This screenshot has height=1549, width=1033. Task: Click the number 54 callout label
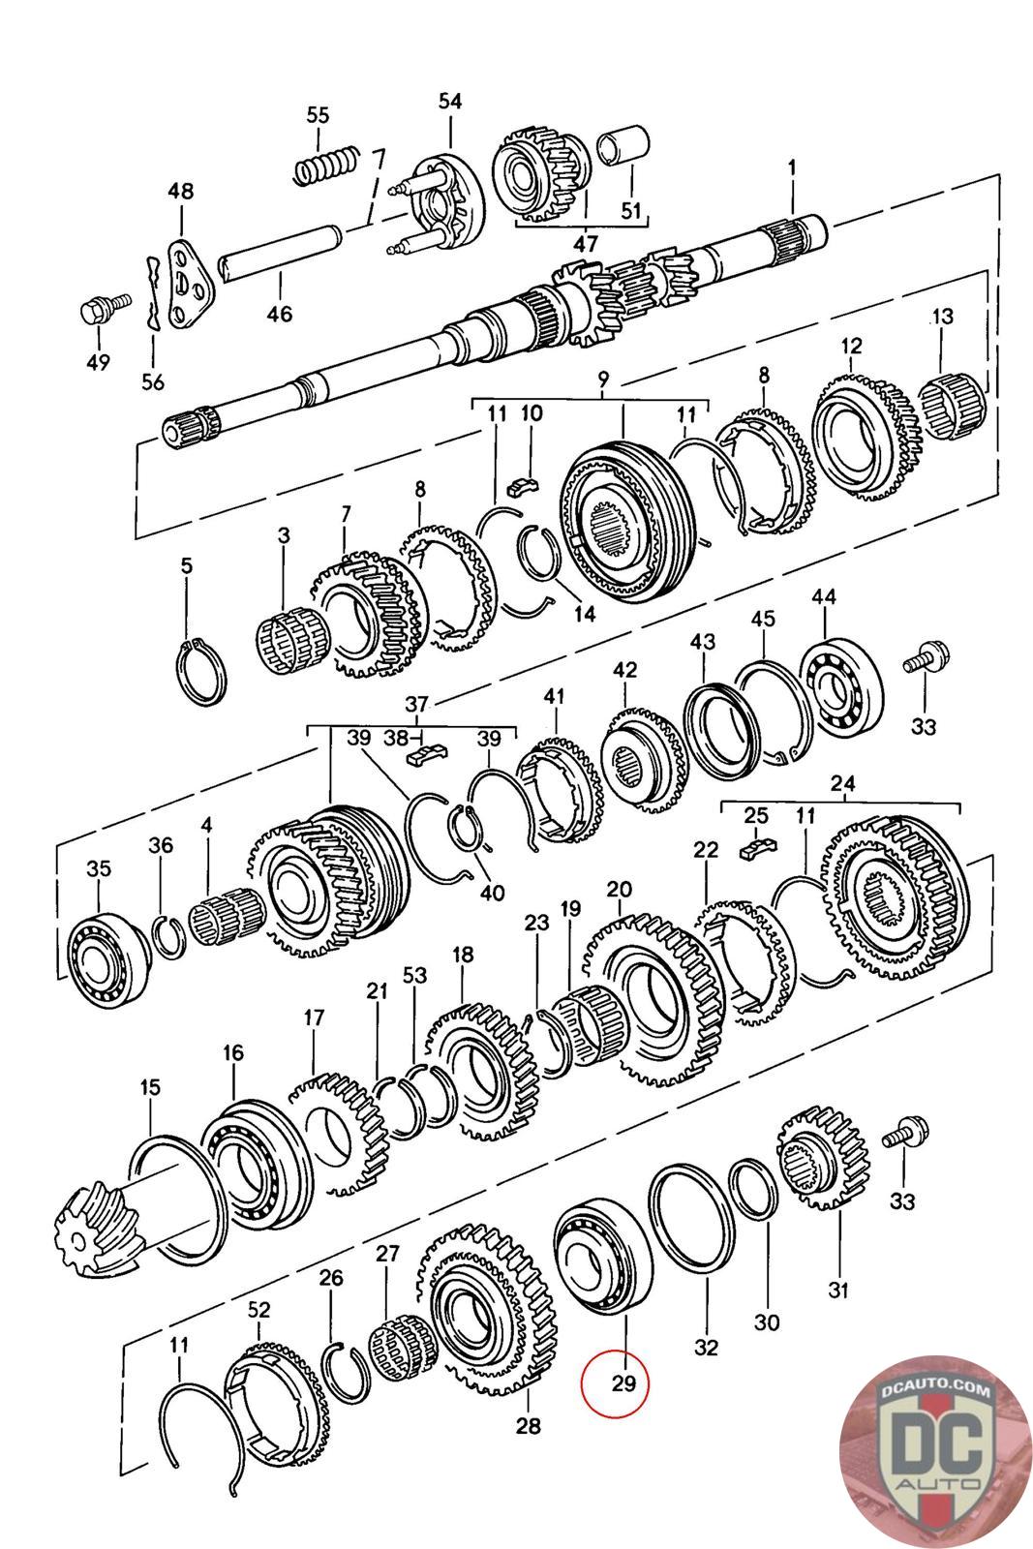(450, 102)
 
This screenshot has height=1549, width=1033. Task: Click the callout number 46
(280, 314)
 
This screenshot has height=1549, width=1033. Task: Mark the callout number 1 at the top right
(791, 167)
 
